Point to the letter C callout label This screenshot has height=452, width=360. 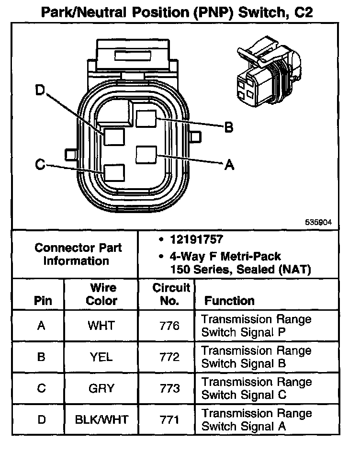pyautogui.click(x=40, y=165)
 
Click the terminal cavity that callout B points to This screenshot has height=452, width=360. pyautogui.click(x=145, y=117)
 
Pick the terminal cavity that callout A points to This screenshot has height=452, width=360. pyautogui.click(x=145, y=155)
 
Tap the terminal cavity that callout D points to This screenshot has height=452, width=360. pyautogui.click(x=114, y=137)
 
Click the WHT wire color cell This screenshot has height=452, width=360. pyautogui.click(x=101, y=326)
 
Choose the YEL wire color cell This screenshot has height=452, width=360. pyautogui.click(x=101, y=357)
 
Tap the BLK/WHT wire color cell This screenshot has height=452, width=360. pyautogui.click(x=101, y=420)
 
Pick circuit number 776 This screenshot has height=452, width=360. pyautogui.click(x=169, y=326)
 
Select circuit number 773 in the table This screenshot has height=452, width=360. pyautogui.click(x=169, y=388)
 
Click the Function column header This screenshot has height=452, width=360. pyautogui.click(x=229, y=301)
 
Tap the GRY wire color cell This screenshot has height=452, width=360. pyautogui.click(x=101, y=388)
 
